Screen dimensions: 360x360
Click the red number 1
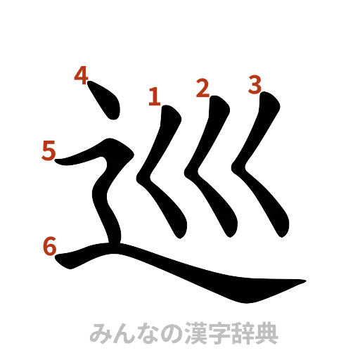point(153,96)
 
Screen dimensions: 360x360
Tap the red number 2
point(202,89)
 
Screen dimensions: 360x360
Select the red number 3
point(255,85)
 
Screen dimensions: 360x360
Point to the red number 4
point(82,75)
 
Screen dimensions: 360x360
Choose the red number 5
point(48,150)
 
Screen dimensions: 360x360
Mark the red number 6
point(49,247)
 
